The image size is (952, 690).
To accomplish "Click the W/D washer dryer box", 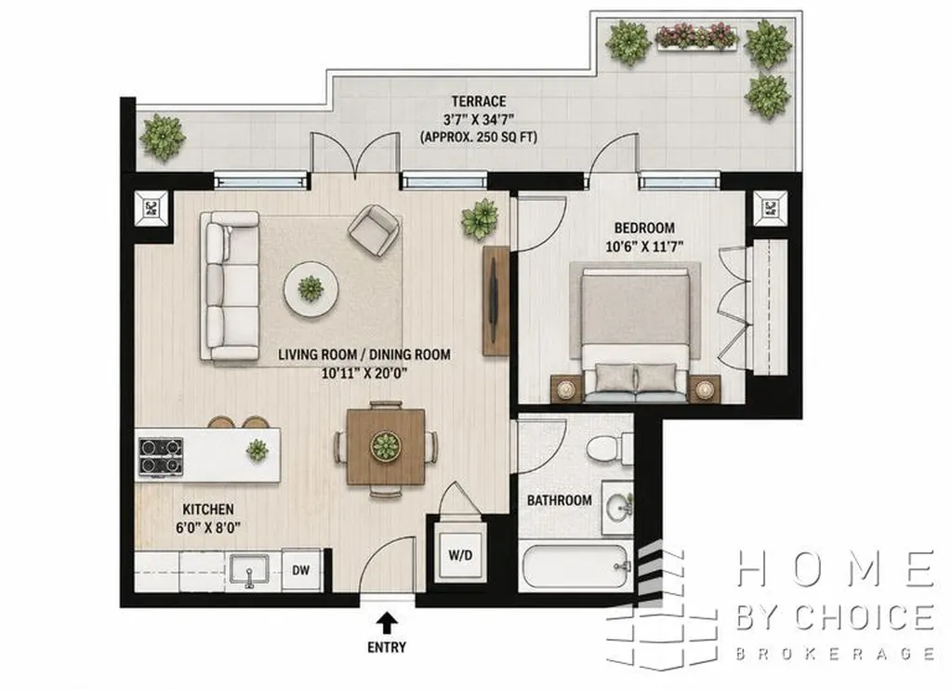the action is click(x=461, y=554).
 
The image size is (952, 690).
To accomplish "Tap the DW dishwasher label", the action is click(x=301, y=570).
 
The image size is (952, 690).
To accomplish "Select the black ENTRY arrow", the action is click(x=386, y=624).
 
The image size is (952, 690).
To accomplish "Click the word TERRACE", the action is click(x=479, y=100).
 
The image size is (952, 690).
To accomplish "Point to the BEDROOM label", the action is click(x=644, y=229).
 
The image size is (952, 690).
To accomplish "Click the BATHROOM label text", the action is click(x=559, y=500).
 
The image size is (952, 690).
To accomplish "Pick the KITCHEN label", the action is click(x=208, y=509).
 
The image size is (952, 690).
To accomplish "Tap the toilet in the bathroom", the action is click(x=610, y=448).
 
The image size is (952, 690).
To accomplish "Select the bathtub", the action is click(x=575, y=566).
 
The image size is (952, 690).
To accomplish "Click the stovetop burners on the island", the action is click(x=161, y=456).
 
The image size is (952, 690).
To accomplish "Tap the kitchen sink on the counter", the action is click(x=249, y=571).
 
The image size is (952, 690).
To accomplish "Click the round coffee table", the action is click(x=311, y=289).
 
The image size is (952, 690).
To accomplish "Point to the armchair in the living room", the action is click(x=374, y=231).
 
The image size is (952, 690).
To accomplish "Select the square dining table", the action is click(x=386, y=447).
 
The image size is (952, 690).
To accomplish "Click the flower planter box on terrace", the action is click(x=697, y=36).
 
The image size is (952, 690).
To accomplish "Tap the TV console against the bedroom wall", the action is click(x=496, y=300).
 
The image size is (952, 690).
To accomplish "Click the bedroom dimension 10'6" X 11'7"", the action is click(x=644, y=247).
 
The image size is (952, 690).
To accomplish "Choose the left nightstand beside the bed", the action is click(x=566, y=389).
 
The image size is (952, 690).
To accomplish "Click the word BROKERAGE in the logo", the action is click(x=835, y=654).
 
